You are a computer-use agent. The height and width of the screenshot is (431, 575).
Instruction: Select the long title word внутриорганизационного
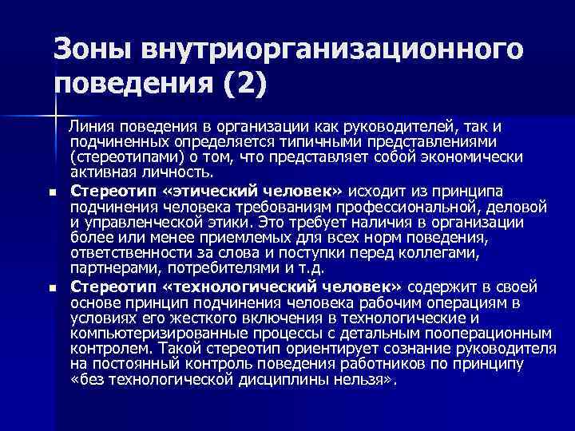tap(335, 49)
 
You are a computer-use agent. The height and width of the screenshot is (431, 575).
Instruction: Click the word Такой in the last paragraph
tap(179, 349)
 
